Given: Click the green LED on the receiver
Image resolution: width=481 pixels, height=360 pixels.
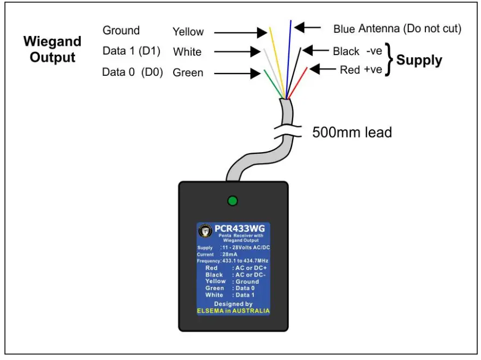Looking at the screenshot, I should pyautogui.click(x=233, y=201).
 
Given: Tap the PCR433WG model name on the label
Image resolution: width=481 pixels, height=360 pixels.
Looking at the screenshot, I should pyautogui.click(x=242, y=229).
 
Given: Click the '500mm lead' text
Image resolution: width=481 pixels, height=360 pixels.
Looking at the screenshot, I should pyautogui.click(x=352, y=133).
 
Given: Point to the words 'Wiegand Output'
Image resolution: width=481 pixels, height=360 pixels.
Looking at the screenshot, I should pyautogui.click(x=52, y=49).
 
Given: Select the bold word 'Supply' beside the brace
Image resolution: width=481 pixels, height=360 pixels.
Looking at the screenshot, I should pyautogui.click(x=419, y=60).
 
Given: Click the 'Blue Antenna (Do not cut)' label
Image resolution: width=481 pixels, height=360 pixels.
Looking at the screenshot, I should pyautogui.click(x=397, y=28).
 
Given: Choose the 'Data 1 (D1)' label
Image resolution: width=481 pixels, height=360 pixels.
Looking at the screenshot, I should pyautogui.click(x=131, y=51).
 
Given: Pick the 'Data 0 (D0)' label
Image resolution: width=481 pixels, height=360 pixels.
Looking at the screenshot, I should pyautogui.click(x=132, y=72).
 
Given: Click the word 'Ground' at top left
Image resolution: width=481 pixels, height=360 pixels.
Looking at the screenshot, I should pyautogui.click(x=121, y=31).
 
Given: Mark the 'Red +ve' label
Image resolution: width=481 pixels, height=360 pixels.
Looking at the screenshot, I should pyautogui.click(x=360, y=70).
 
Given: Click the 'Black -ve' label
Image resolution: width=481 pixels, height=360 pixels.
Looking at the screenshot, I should pyautogui.click(x=357, y=51).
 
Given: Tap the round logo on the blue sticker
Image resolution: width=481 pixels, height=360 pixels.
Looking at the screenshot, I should pyautogui.click(x=205, y=231).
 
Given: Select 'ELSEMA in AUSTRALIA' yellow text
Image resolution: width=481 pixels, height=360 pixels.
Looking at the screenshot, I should pyautogui.click(x=233, y=311).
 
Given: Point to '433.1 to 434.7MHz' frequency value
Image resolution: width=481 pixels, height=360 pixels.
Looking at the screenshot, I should pyautogui.click(x=244, y=261).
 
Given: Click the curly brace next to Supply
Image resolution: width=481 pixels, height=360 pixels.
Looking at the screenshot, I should pyautogui.click(x=389, y=59).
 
